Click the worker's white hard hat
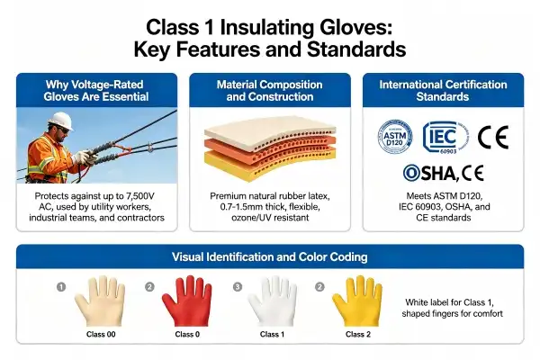(61, 121)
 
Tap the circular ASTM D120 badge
(395, 137)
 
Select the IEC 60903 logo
(445, 137)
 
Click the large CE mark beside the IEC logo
(493, 137)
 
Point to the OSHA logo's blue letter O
(411, 173)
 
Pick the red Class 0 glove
(187, 301)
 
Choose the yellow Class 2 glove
(357, 301)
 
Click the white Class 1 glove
(272, 301)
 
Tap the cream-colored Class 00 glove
(100, 301)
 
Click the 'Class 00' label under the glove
(101, 334)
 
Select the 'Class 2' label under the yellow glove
(358, 334)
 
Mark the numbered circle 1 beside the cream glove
(61, 286)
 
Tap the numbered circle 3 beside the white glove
(238, 286)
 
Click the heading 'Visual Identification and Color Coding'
(270, 257)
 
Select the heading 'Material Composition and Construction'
(270, 91)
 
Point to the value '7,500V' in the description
(140, 196)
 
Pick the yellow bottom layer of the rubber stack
(269, 164)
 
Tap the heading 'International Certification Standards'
(443, 91)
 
